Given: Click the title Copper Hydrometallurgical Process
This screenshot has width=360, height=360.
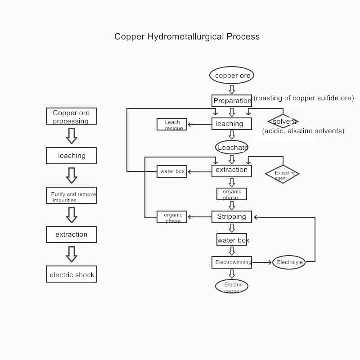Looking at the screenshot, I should pos(187,36).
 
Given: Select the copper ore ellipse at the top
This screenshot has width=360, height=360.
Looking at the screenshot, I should pos(232,76).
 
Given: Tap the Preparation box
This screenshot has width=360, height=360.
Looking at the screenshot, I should pos(232,101).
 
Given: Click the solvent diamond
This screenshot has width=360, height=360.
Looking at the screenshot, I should pos(283,121).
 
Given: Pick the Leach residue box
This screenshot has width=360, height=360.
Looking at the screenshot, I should pos(172,124).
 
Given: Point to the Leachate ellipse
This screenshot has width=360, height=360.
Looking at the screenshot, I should pos(232,147).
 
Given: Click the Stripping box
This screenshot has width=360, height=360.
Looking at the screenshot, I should pos(232,216).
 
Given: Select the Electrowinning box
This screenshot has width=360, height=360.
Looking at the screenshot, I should pos(232,262).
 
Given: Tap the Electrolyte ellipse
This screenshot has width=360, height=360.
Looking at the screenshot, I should pos(289,262).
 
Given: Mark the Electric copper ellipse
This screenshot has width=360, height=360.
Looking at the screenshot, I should pos(232,286).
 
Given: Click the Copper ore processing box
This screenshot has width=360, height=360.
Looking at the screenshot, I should pos(71,116).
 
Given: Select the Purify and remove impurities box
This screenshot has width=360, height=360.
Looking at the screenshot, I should pos(71,196).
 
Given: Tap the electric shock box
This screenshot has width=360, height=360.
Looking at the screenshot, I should pos(71,274).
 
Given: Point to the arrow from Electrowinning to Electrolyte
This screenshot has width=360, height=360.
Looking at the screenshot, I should pos(262,262).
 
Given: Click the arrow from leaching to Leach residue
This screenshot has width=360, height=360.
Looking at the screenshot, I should pos(199,124).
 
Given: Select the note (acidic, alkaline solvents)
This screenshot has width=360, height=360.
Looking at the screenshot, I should pos(303,131).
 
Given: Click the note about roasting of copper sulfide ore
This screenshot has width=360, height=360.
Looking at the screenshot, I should pos(304,98).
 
